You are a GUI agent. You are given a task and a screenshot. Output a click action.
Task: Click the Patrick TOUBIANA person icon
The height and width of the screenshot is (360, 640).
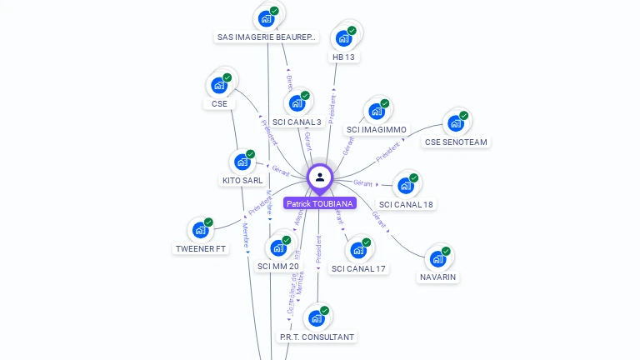point(320,177)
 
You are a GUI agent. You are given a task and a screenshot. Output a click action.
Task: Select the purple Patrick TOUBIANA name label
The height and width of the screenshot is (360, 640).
point(320,203)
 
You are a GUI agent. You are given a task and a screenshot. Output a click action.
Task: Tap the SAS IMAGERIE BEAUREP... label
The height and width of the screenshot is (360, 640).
point(267,37)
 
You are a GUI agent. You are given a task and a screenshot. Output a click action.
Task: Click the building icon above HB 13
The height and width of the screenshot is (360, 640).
point(342,38)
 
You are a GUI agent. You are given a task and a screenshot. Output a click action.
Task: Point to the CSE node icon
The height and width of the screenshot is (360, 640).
point(218,85)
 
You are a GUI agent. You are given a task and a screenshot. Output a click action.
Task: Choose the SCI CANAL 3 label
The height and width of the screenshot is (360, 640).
point(297,122)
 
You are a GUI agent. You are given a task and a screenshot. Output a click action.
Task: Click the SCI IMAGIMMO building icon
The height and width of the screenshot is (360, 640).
point(377,111)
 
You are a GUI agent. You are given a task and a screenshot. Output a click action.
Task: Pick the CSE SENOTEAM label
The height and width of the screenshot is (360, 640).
point(456,142)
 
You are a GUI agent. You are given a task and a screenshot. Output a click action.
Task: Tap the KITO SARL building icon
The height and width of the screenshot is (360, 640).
point(242,162)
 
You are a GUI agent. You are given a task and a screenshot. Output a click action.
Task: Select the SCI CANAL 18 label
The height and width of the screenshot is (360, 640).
point(406,204)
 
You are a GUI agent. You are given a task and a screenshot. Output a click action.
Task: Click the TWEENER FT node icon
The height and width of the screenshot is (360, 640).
point(200,230)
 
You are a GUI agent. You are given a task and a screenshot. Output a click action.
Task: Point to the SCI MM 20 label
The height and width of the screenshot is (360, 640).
point(278,266)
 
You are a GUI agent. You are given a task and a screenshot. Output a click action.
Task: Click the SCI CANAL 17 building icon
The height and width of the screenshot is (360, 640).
point(358,250)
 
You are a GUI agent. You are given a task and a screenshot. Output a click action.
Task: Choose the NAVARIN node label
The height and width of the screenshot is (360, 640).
point(438,277)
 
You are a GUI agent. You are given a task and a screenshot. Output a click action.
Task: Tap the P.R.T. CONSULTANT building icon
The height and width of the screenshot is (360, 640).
point(316,318)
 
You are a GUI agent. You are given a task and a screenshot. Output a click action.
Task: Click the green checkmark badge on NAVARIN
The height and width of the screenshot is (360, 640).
point(446,251)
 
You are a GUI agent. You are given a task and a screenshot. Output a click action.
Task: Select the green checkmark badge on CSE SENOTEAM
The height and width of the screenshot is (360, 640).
point(464,116)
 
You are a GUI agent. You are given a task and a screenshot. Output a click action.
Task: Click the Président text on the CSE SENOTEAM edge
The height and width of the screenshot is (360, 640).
point(387,152)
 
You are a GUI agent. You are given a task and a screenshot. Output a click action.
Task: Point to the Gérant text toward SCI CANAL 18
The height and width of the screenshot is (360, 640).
point(362,182)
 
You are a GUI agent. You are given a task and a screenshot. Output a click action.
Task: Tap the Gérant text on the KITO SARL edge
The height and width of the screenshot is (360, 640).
point(281,169)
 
